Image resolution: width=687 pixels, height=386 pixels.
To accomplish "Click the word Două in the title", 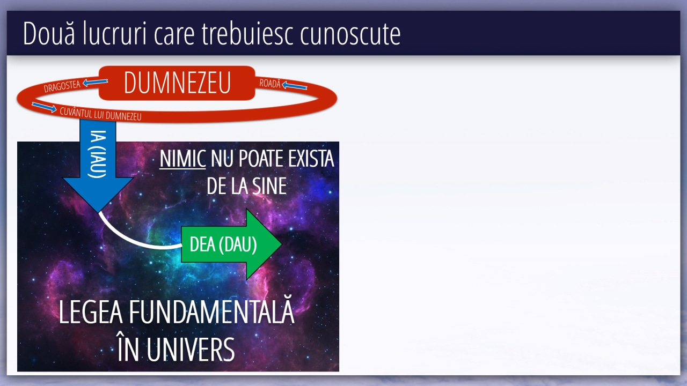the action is [49, 33].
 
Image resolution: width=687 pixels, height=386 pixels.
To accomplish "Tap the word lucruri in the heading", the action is [114, 33].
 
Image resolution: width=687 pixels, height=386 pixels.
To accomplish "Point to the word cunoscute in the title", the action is [350, 33].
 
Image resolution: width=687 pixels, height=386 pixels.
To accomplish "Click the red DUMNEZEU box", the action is [177, 83].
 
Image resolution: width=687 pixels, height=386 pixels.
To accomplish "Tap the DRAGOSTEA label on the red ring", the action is [62, 86].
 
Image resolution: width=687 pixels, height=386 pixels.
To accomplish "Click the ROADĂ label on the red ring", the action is [270, 83].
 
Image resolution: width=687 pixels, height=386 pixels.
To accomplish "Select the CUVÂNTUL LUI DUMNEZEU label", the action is [100, 114].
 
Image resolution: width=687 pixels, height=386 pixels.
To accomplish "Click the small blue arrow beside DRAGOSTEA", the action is [95, 82].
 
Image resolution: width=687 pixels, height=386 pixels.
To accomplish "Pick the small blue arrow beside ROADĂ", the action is [294, 85].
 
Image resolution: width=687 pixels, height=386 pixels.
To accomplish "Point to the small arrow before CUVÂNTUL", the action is [44, 107].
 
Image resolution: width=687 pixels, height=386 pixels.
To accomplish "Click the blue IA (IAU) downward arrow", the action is [98, 166].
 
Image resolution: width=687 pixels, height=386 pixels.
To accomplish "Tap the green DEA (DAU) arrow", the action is [231, 244].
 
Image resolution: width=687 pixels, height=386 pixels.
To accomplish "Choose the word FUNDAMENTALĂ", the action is [211, 311].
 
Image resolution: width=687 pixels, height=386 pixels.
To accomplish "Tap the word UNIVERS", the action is [191, 350].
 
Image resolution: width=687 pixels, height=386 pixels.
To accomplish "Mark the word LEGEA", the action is [91, 312].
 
